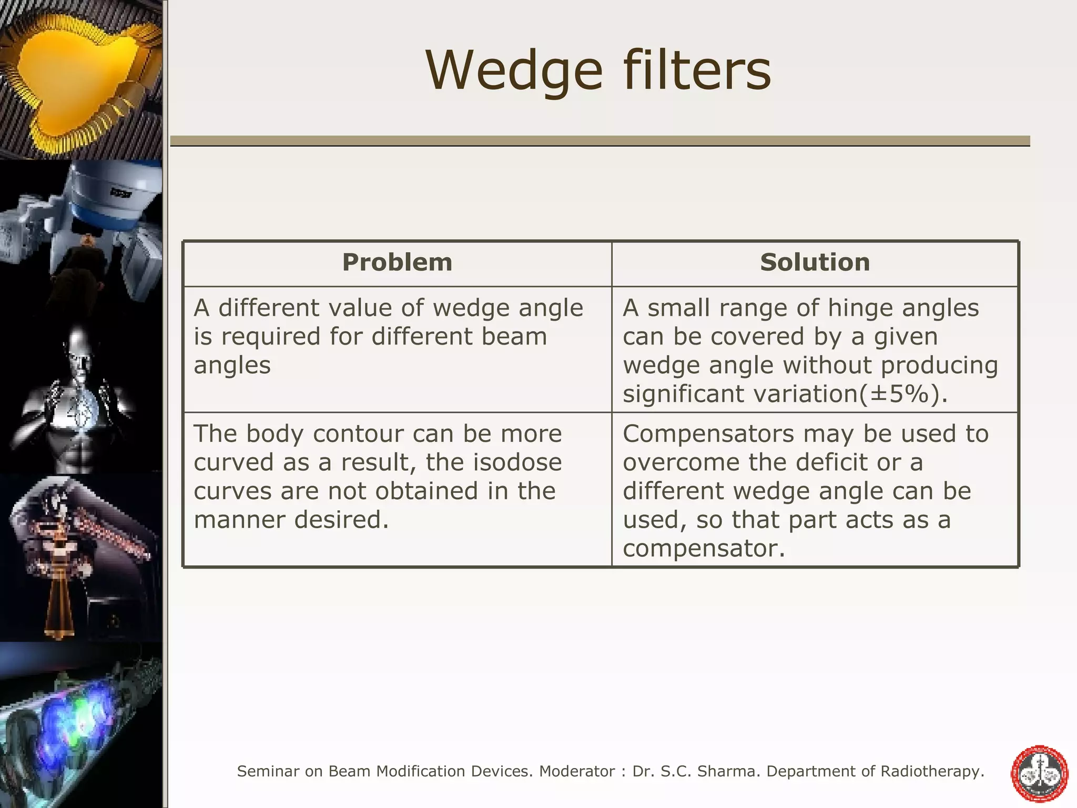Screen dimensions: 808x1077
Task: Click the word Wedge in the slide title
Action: pyautogui.click(x=514, y=71)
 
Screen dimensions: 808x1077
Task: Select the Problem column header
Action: pyautogui.click(x=397, y=262)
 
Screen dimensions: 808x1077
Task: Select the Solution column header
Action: pyautogui.click(x=815, y=262)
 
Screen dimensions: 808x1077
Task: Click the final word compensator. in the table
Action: pyautogui.click(x=704, y=549)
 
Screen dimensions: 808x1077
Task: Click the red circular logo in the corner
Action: pyautogui.click(x=1040, y=773)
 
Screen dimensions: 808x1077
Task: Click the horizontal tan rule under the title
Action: pyautogui.click(x=600, y=140)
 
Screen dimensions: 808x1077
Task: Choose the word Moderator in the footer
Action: pyautogui.click(x=577, y=772)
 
